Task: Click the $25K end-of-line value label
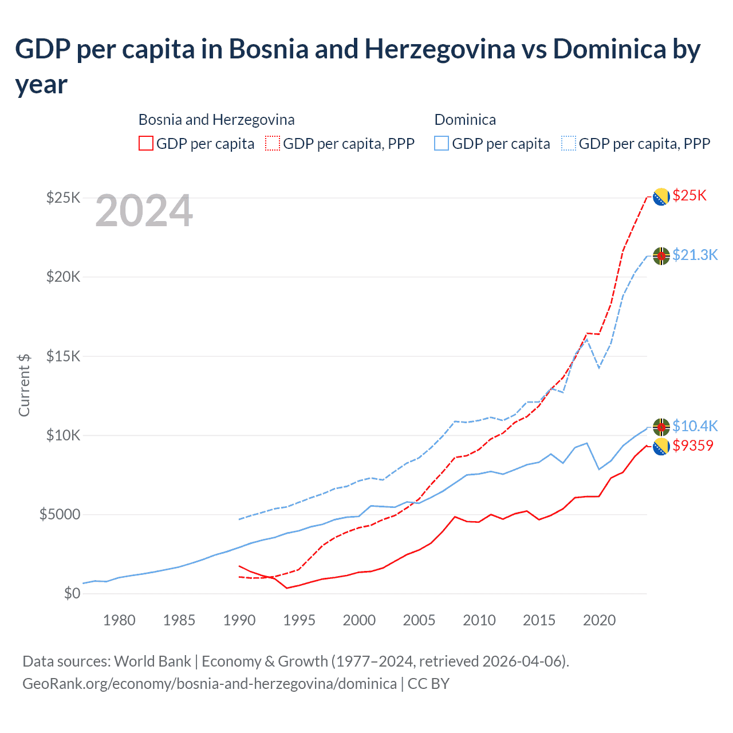689,196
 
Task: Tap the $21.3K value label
695,255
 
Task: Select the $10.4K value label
695,426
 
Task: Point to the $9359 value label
693,446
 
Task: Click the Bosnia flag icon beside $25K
661,196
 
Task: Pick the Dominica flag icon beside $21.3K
661,256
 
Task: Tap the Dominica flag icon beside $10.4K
661,427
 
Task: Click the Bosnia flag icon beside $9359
661,446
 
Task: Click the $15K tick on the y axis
63,356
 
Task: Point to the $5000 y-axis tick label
60,514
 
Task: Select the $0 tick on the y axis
72,593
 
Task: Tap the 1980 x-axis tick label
119,620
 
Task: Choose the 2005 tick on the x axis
419,620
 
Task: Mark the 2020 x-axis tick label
599,620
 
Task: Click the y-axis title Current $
24,385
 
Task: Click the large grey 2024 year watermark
144,211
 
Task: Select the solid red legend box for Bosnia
146,143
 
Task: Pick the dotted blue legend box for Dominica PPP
569,143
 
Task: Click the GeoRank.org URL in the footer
210,684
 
